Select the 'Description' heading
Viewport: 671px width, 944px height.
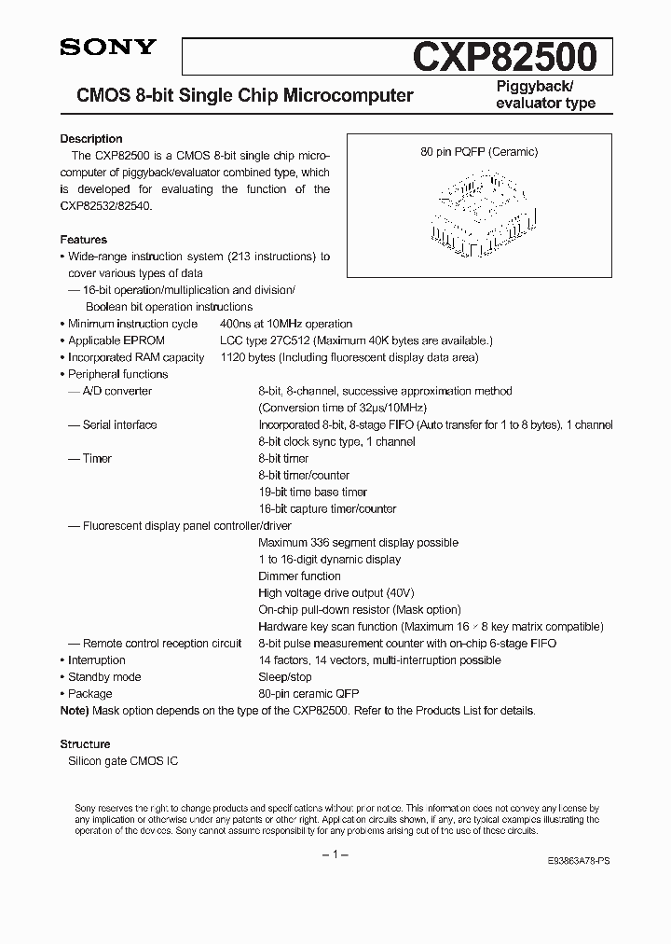tap(91, 139)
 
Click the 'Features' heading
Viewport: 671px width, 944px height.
tap(84, 240)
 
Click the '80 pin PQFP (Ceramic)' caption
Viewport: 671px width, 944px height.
tap(479, 152)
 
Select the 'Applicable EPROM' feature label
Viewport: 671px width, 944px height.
tap(116, 340)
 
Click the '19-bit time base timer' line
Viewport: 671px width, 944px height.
tap(312, 492)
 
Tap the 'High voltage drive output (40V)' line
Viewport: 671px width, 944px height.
tap(336, 592)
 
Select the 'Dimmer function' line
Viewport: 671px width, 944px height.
tap(299, 576)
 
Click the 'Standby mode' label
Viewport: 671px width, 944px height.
tap(104, 676)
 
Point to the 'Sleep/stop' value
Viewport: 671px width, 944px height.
tap(285, 676)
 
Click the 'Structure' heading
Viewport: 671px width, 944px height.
tap(85, 744)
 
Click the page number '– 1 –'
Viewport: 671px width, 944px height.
tap(335, 855)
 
